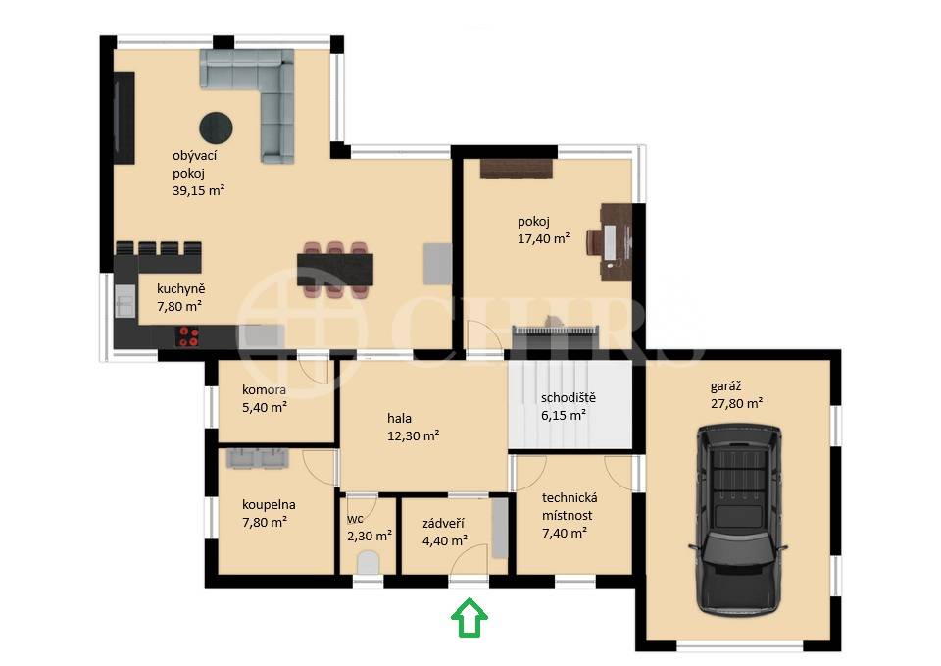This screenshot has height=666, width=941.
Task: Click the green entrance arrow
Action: [x=470, y=617]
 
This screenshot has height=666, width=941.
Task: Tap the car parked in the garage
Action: [x=737, y=520]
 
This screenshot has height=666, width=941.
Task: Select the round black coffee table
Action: [x=216, y=128]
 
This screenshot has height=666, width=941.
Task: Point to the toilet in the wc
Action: [x=368, y=563]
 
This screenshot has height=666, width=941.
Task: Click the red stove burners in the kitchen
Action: [x=188, y=336]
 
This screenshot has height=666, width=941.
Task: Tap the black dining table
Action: [x=335, y=270]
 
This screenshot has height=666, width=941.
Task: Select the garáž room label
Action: [x=725, y=386]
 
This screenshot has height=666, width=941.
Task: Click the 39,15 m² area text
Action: [x=199, y=191]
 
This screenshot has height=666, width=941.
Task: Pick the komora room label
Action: [x=264, y=389]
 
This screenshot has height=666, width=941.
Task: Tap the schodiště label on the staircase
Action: [x=569, y=397]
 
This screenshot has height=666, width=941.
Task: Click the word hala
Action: [x=399, y=418]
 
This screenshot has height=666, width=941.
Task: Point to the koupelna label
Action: [x=269, y=505]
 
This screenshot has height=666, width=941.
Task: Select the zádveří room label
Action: [x=443, y=524]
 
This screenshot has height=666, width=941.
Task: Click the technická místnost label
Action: [x=569, y=506]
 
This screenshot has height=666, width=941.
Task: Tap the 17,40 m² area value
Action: [x=544, y=238]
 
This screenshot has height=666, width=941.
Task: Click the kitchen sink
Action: [x=125, y=300]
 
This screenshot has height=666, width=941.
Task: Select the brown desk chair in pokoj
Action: [x=594, y=244]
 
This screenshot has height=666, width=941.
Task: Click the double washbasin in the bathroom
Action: [x=258, y=458]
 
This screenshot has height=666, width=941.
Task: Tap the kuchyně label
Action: [x=180, y=288]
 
